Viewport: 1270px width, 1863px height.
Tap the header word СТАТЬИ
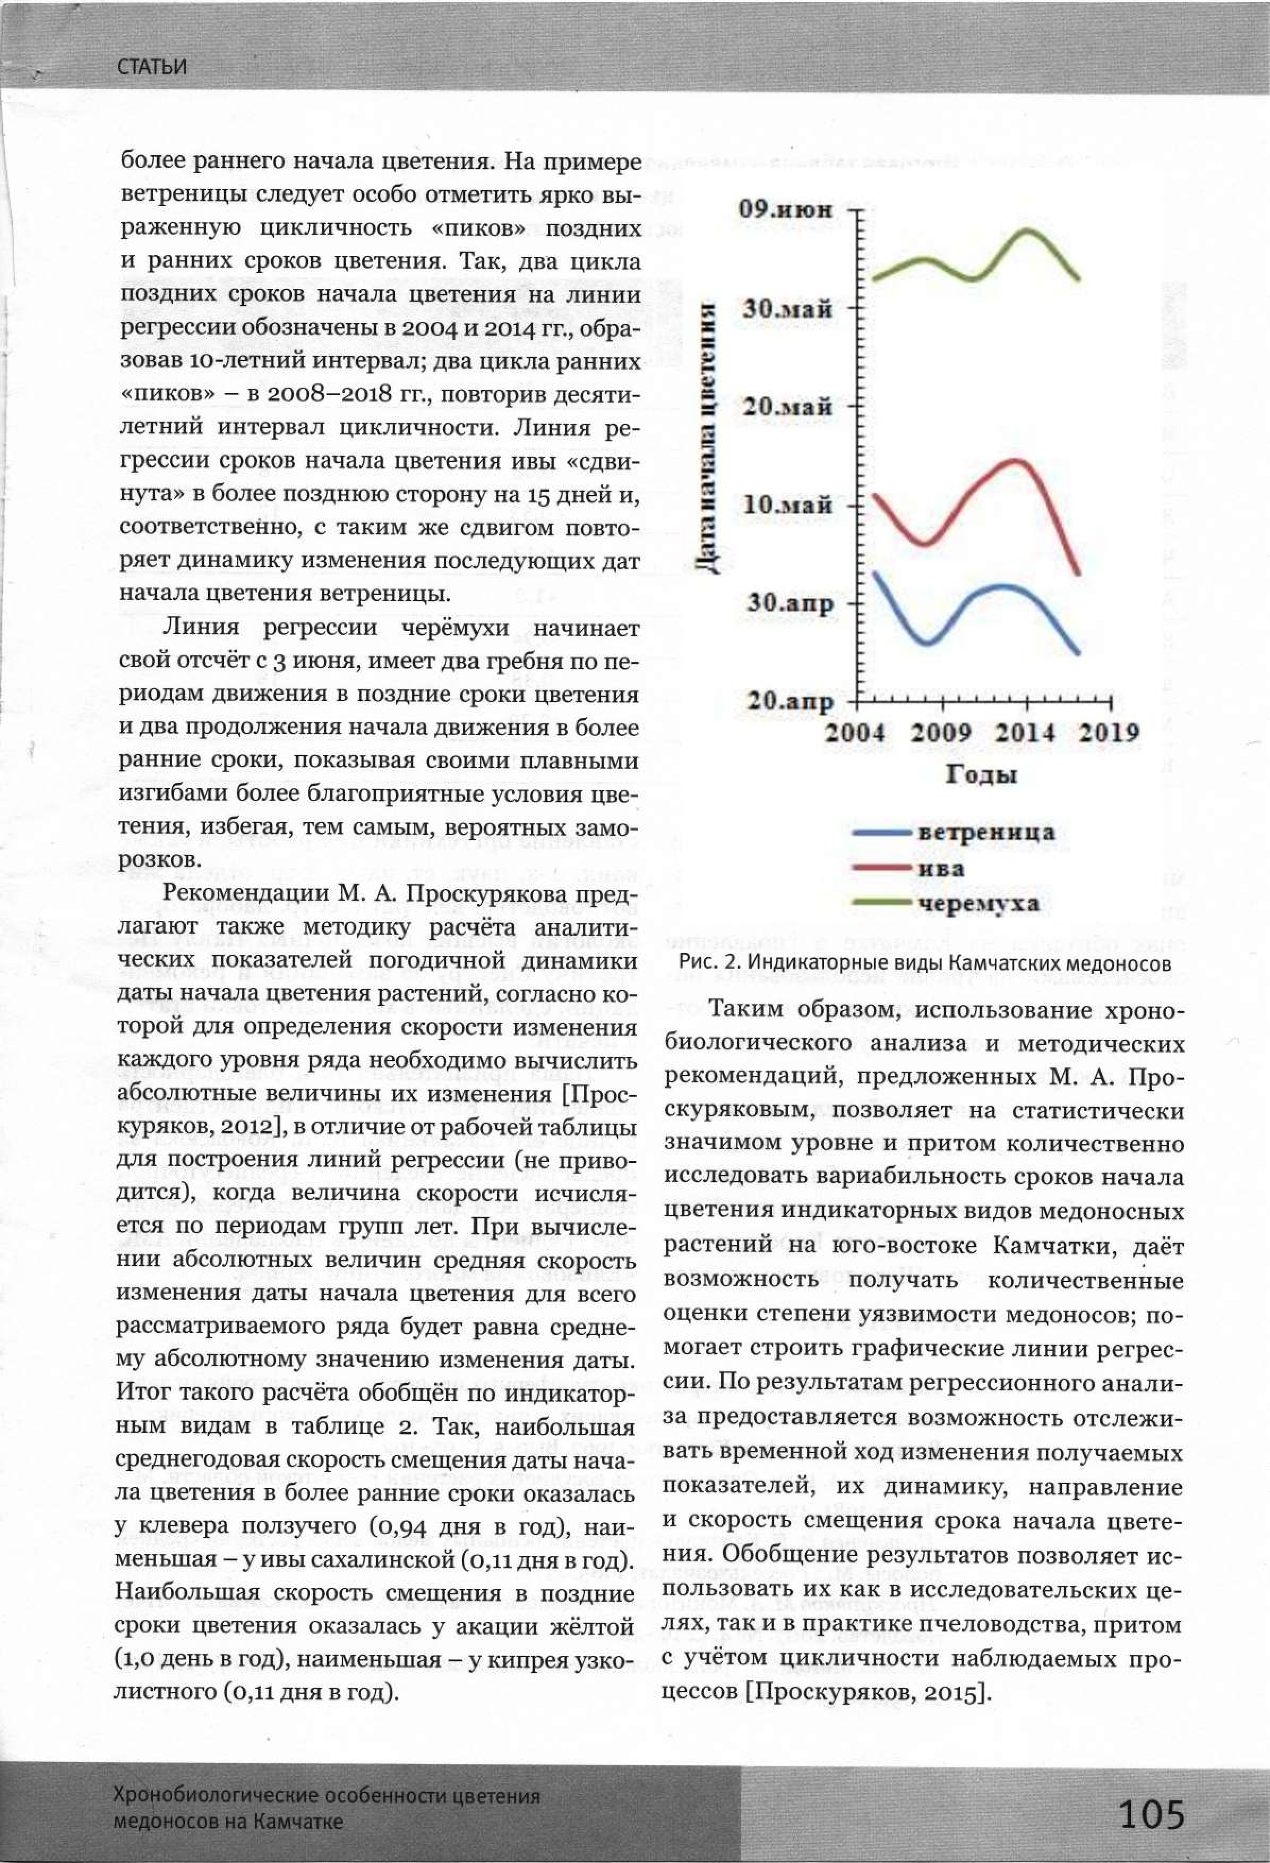point(151,66)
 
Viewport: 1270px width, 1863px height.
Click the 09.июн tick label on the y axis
point(786,209)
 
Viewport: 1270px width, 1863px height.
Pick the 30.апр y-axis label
point(790,603)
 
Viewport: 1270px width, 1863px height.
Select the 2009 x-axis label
point(941,732)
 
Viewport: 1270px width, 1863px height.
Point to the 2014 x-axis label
point(1025,732)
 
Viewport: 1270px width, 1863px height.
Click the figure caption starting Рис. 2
point(925,963)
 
